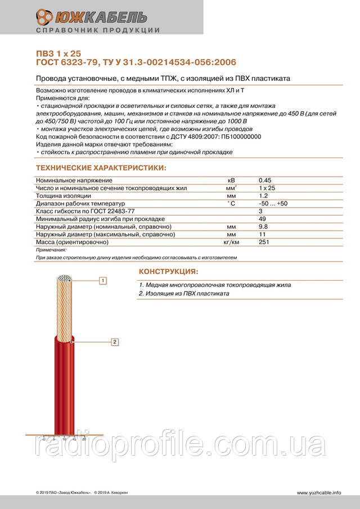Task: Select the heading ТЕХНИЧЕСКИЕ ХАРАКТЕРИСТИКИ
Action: [101, 168]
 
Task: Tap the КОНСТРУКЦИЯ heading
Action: [168, 272]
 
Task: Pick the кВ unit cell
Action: [231, 179]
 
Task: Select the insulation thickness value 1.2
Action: [263, 195]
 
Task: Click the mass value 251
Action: [264, 242]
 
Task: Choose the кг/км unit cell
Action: [231, 242]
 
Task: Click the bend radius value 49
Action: [262, 218]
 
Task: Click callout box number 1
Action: [103, 280]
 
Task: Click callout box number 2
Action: [114, 341]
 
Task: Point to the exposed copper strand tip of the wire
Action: [65, 279]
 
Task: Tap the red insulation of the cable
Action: [65, 388]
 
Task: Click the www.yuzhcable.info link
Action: [319, 493]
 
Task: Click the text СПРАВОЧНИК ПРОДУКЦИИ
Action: [97, 30]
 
